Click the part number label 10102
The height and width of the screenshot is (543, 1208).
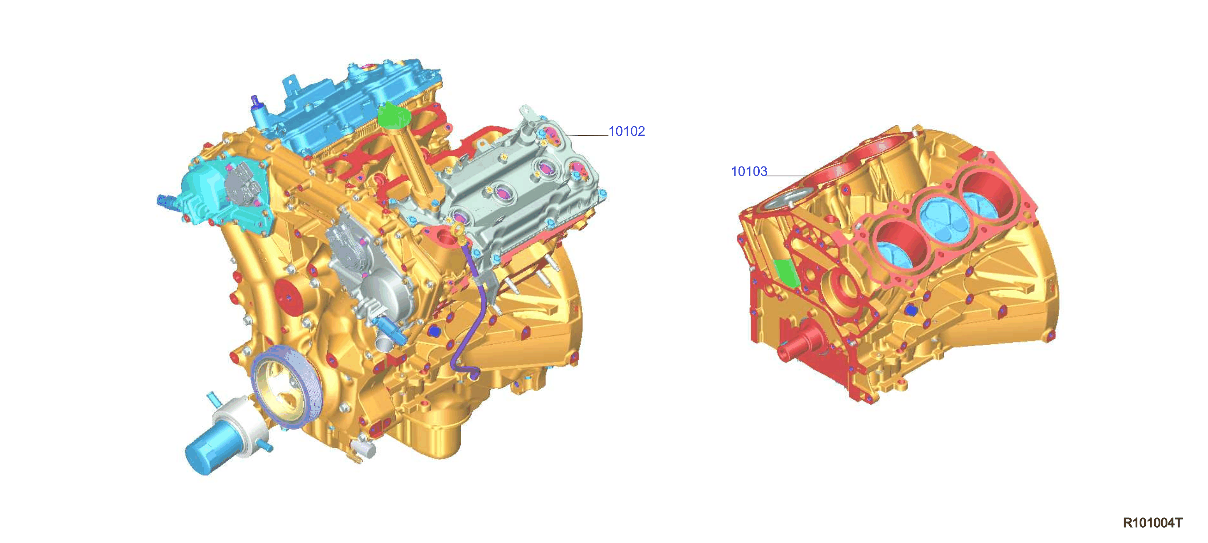[x=626, y=131]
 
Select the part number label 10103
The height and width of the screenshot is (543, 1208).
[x=749, y=172]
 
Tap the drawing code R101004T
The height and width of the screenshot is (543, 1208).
[x=1152, y=523]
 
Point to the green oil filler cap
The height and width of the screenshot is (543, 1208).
[x=393, y=115]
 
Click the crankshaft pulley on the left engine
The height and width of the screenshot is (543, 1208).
[x=287, y=387]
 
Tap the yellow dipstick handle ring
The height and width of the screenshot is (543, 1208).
[x=457, y=230]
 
